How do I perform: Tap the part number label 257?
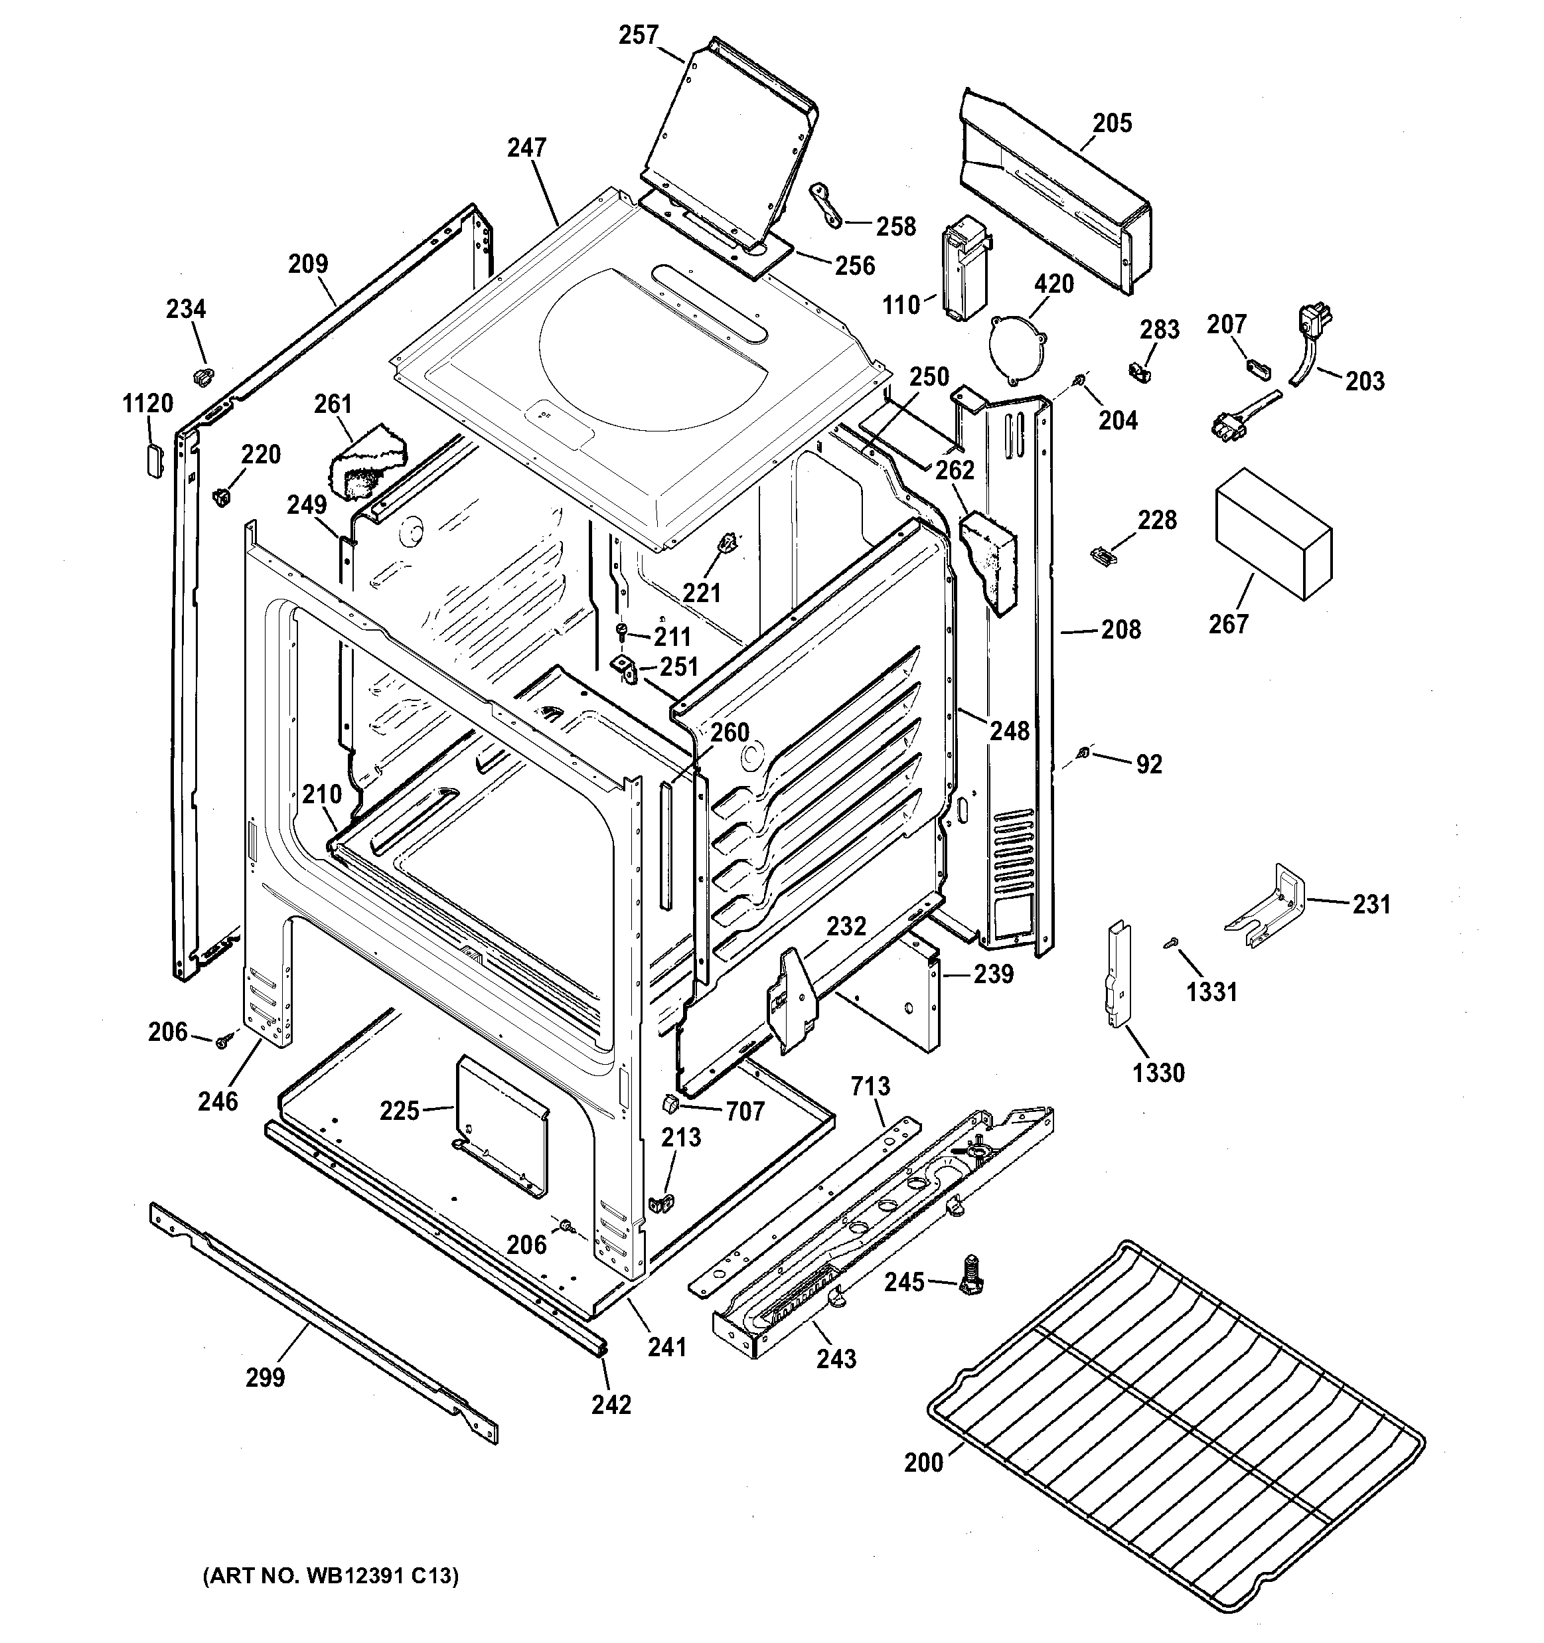click(x=639, y=36)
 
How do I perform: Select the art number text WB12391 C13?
click(x=331, y=1575)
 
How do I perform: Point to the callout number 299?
click(x=266, y=1377)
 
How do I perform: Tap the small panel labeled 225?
click(x=502, y=1126)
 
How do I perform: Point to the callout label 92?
click(x=1149, y=765)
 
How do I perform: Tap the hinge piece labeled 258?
click(x=826, y=205)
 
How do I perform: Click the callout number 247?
click(x=526, y=148)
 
